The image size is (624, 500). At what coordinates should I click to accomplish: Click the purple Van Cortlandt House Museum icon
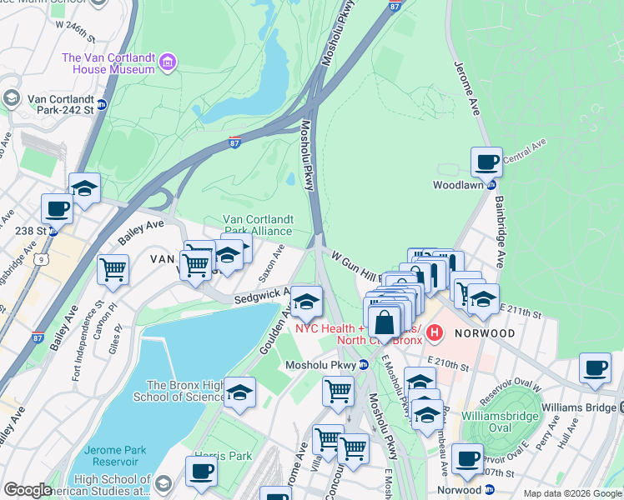click(x=168, y=62)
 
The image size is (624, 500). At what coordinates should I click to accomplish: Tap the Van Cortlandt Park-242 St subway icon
click(x=102, y=105)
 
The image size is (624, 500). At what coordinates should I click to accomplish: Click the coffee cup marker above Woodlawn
click(x=486, y=161)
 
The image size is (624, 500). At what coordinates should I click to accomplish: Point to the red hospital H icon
click(x=433, y=333)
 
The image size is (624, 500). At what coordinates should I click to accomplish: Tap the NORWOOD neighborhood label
click(x=486, y=332)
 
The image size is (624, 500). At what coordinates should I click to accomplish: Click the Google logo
click(x=28, y=490)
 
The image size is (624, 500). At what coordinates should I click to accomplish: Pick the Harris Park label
click(x=223, y=456)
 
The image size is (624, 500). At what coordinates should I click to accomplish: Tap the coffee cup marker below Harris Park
click(x=201, y=471)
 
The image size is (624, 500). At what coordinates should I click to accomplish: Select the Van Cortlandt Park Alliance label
click(x=256, y=225)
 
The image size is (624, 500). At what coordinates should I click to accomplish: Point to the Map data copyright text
click(x=571, y=493)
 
